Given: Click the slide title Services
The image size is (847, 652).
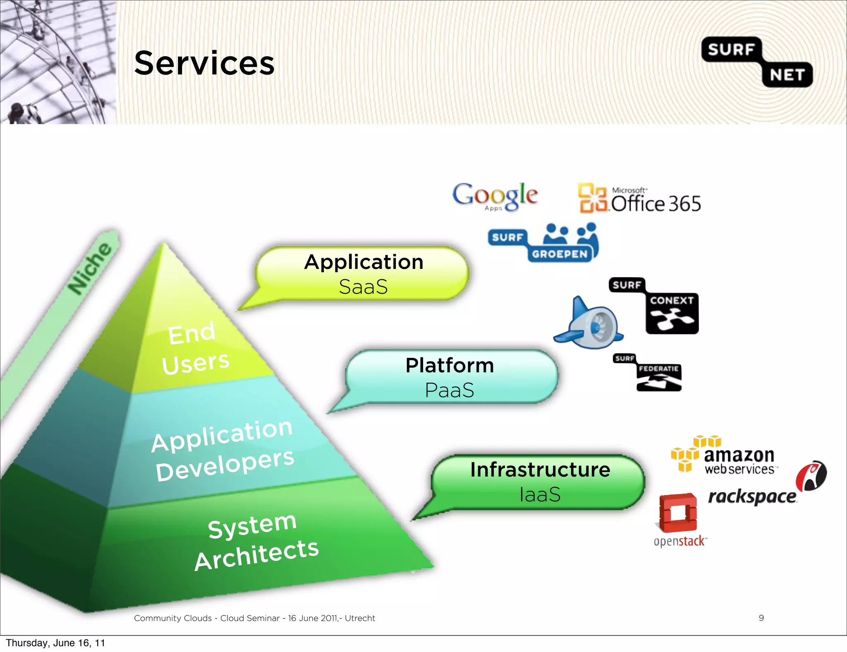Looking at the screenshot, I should [x=204, y=63].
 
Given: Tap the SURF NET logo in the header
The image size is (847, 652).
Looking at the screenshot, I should [x=757, y=62].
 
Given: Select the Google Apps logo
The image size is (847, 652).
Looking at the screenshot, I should [x=495, y=196].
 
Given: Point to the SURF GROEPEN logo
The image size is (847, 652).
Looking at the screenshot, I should [x=543, y=243].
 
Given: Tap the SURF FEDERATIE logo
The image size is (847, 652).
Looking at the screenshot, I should [x=648, y=372].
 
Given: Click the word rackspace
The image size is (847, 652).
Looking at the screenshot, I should [x=751, y=496].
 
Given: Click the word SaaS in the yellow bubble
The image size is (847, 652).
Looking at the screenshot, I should [x=363, y=287].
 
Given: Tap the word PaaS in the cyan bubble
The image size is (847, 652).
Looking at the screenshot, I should [x=450, y=390].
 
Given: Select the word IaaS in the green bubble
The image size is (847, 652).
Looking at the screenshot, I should [x=540, y=494].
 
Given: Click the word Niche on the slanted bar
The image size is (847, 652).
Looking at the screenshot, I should [x=91, y=268].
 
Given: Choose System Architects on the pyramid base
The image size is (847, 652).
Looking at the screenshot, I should [x=256, y=542].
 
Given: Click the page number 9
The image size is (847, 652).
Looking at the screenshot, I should [x=761, y=618].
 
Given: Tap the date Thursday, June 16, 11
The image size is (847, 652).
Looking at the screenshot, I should [x=55, y=642].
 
